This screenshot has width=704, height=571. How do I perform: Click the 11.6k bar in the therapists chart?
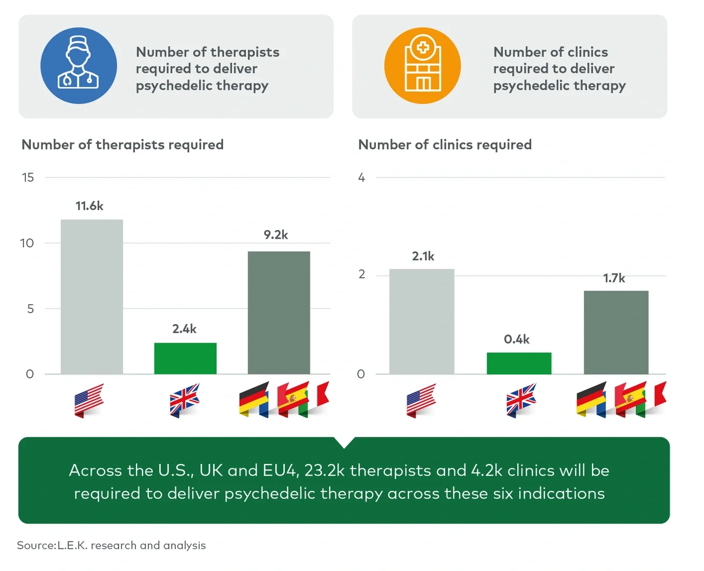coord(92,296)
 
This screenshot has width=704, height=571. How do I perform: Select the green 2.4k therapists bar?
coord(185,358)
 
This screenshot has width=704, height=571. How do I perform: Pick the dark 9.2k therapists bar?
coord(279,312)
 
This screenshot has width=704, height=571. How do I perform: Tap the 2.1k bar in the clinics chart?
coord(421,321)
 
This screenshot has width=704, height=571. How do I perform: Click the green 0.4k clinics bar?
coord(519,363)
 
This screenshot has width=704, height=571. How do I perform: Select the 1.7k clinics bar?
coord(616,332)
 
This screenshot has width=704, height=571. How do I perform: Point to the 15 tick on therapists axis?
coord(28,178)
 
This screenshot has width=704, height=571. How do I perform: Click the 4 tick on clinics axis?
coord(361,178)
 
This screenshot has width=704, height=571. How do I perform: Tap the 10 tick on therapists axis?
coord(27,243)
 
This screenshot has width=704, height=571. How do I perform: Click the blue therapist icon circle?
coord(79,65)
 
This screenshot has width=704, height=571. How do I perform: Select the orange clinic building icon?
coord(422,65)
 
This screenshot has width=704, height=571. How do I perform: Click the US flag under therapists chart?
coord(89,401)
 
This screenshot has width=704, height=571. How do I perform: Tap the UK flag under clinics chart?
coord(521,400)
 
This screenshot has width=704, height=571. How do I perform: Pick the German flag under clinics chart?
coord(591,399)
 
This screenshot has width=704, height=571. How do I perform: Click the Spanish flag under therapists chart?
coord(293,399)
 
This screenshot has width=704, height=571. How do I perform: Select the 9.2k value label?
coord(276,235)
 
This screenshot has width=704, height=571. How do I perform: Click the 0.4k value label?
coord(517,339)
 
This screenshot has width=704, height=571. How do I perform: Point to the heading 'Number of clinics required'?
coord(445,145)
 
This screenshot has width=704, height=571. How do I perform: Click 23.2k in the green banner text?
coord(324,470)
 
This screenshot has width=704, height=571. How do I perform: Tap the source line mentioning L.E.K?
coord(111,545)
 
